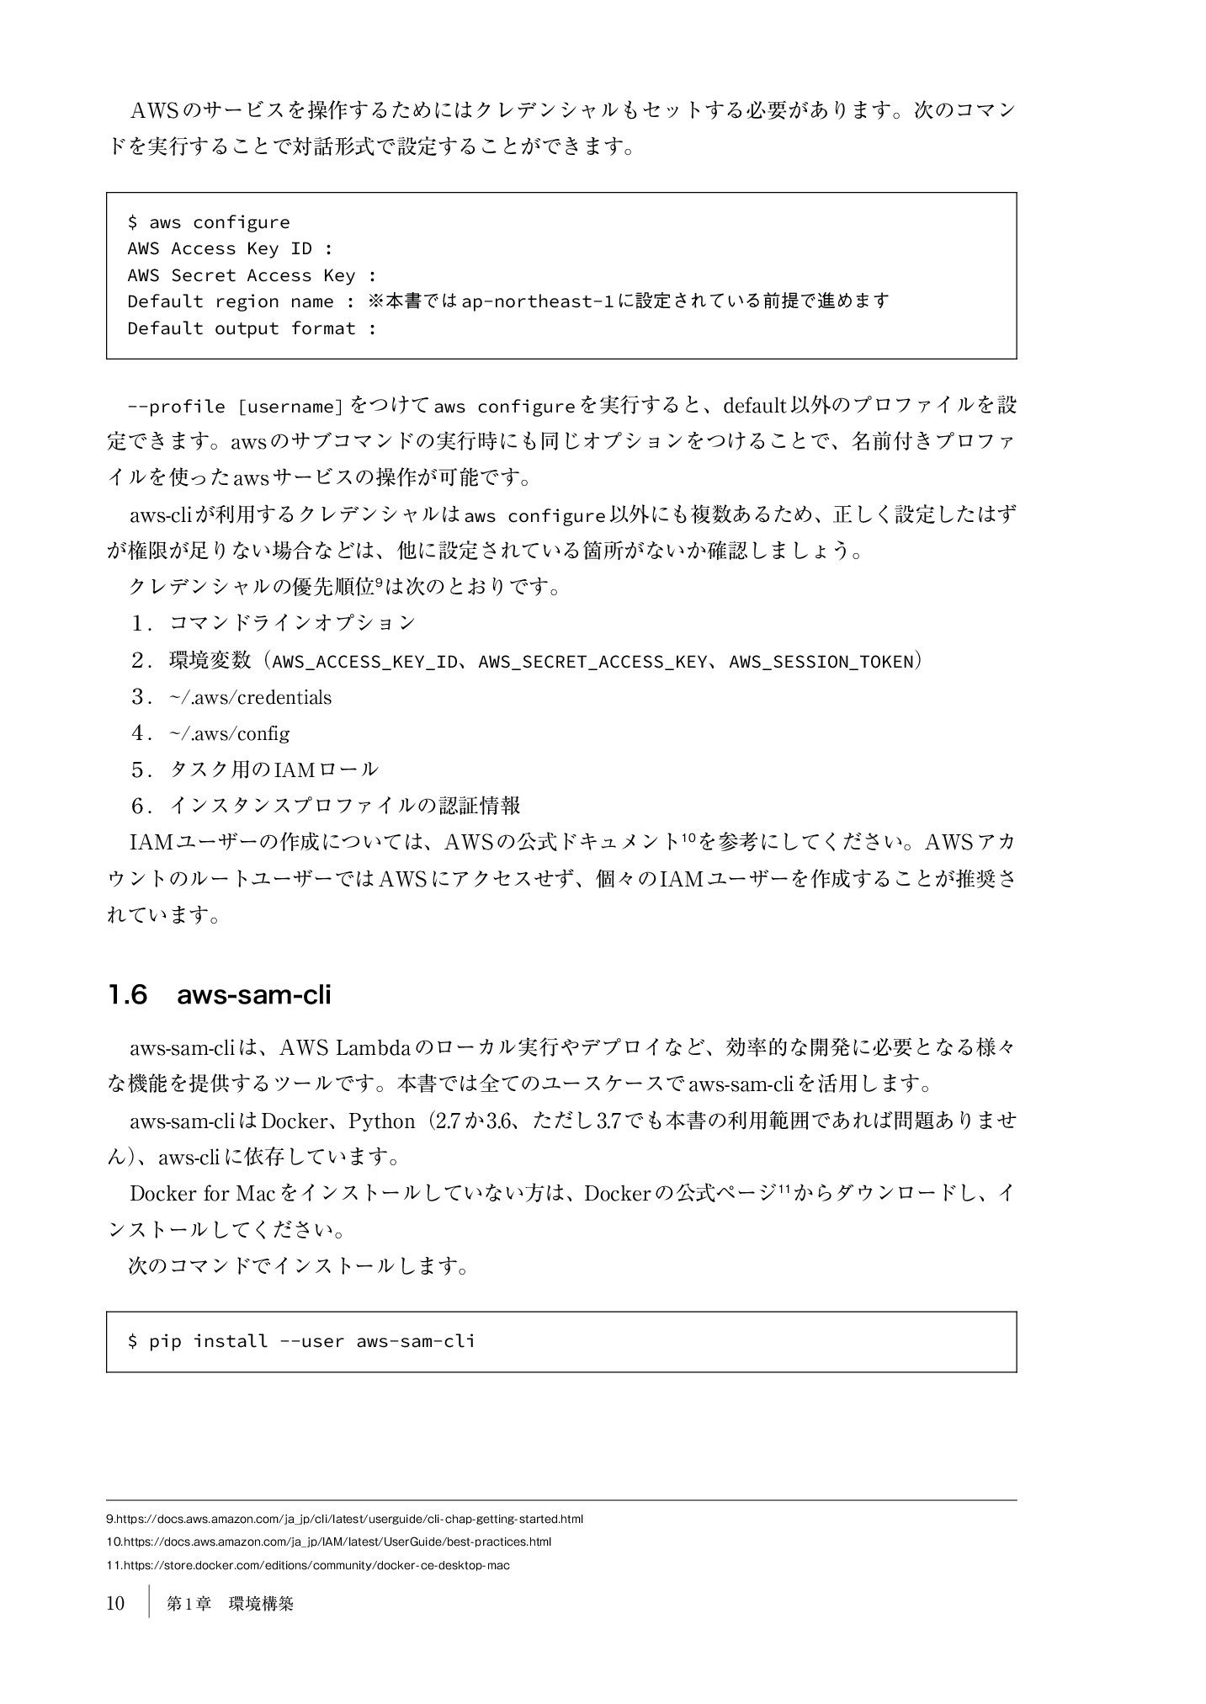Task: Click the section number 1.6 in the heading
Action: pyautogui.click(x=127, y=995)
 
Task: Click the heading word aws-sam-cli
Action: pyautogui.click(x=254, y=995)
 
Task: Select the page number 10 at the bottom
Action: pyautogui.click(x=115, y=1603)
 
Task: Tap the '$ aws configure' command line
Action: pyautogui.click(x=209, y=222)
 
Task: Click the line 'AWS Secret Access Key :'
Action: pyautogui.click(x=252, y=275)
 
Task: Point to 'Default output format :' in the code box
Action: pyautogui.click(x=252, y=328)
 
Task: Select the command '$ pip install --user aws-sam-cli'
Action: pyautogui.click(x=301, y=1341)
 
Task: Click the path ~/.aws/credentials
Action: pyautogui.click(x=251, y=698)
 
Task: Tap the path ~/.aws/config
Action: pyautogui.click(x=229, y=734)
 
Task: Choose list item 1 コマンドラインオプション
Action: pyautogui.click(x=293, y=623)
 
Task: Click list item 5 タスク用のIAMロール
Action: pyautogui.click(x=274, y=769)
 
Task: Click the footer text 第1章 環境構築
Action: pyautogui.click(x=230, y=1604)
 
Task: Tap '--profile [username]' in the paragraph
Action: pyautogui.click(x=235, y=407)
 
